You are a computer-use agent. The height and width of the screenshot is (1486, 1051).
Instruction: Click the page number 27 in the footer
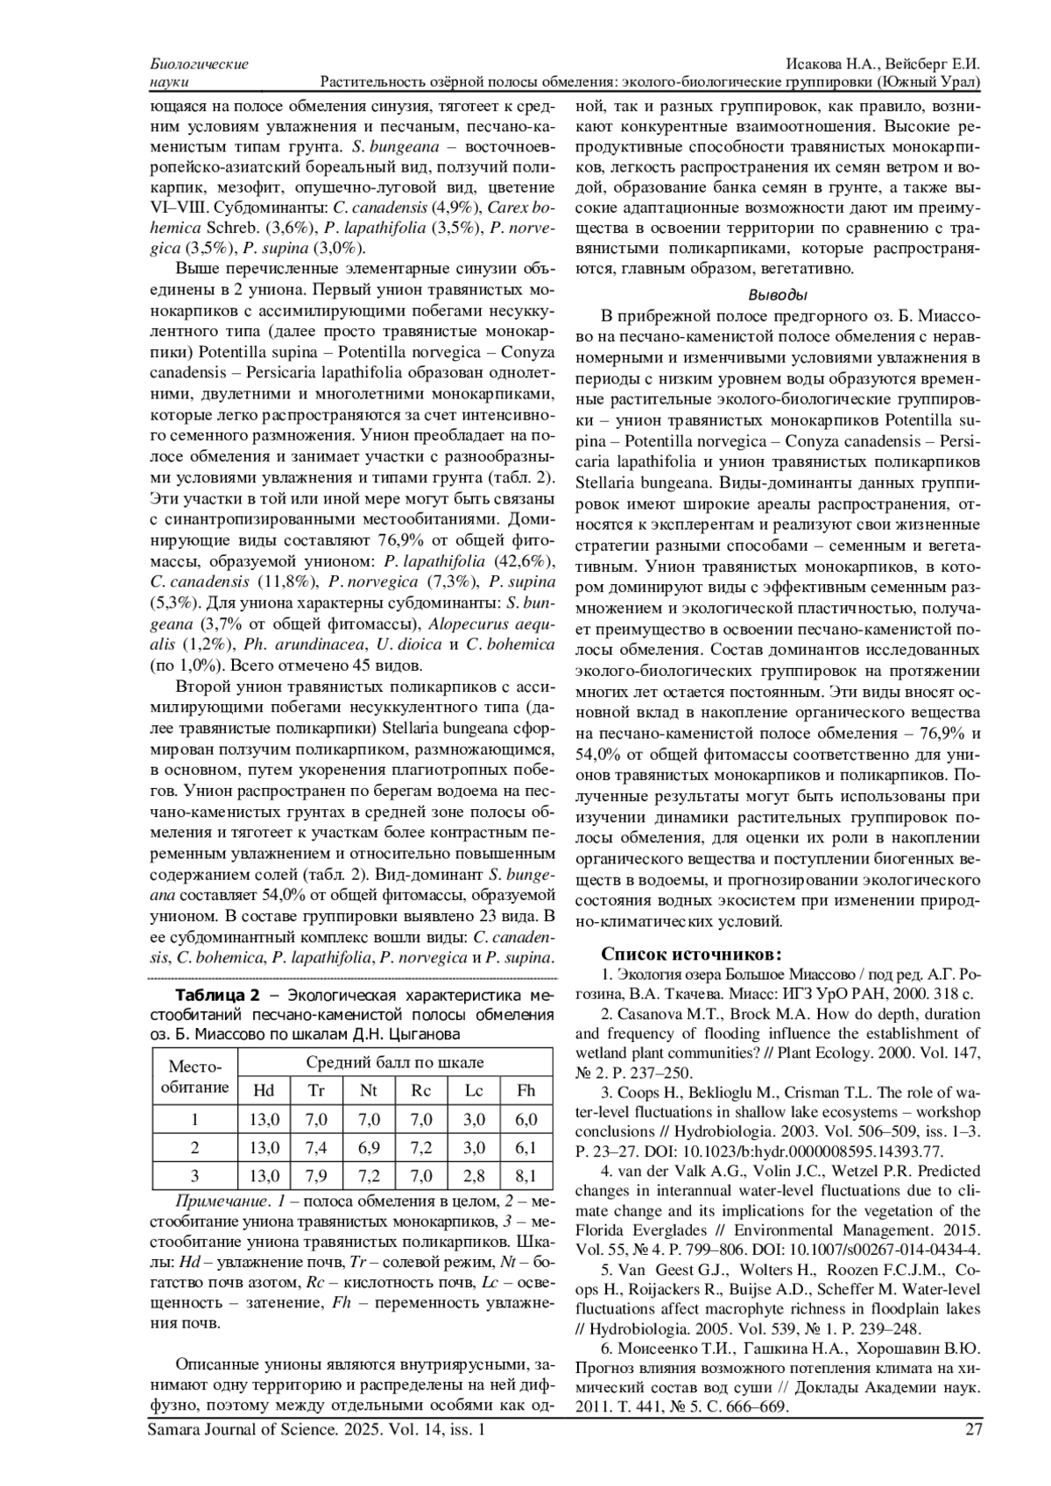(971, 1430)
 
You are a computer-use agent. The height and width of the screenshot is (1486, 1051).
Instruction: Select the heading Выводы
(778, 295)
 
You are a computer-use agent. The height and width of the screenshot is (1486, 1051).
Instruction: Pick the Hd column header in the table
(264, 1090)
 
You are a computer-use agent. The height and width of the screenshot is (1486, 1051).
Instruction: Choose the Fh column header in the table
(525, 1090)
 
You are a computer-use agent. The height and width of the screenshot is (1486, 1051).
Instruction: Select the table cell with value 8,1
(525, 1175)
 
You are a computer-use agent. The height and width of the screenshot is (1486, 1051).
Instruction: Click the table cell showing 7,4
(316, 1147)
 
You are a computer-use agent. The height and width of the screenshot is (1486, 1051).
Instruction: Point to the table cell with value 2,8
(474, 1175)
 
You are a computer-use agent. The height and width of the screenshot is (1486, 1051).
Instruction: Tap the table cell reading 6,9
(369, 1147)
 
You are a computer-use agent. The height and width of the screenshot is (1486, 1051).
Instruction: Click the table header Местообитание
(195, 1077)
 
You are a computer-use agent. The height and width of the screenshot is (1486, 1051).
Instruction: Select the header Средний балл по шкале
(395, 1063)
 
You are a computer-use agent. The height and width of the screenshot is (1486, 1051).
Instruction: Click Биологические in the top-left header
(200, 65)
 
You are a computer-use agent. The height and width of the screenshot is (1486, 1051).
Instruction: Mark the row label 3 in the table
(195, 1175)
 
